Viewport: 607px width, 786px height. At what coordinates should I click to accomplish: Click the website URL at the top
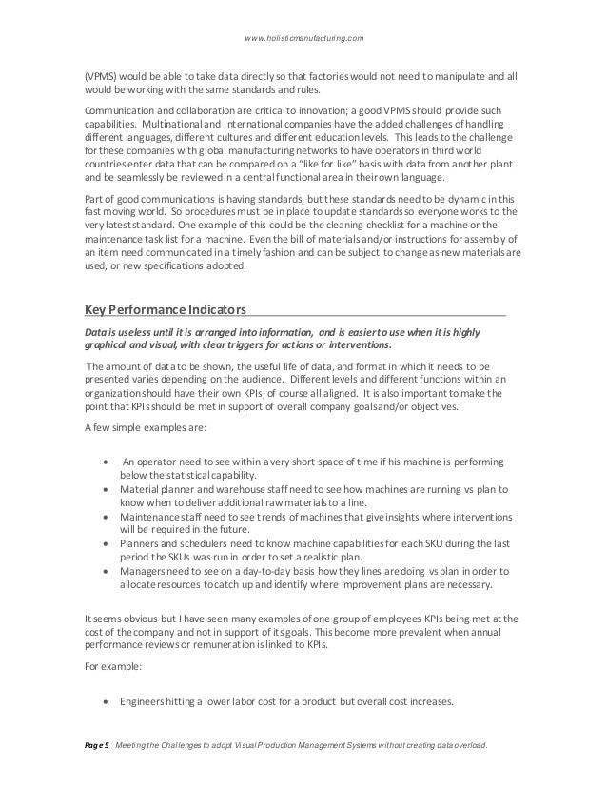click(304, 37)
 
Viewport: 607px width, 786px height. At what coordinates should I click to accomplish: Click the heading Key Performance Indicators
click(166, 310)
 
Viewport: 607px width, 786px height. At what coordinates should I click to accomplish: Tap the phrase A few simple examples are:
click(138, 426)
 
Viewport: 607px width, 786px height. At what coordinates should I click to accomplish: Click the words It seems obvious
click(125, 618)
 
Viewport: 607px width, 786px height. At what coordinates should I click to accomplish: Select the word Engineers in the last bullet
click(149, 705)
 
